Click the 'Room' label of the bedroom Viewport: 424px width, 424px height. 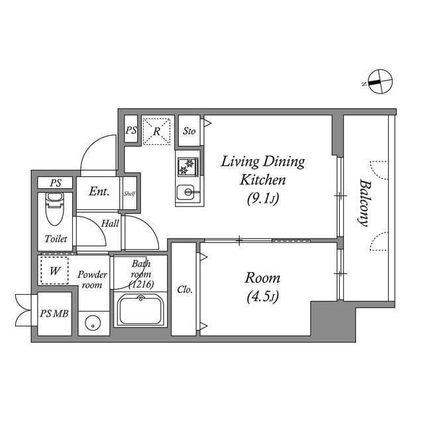[263, 278]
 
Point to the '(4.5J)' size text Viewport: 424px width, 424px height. [263, 295]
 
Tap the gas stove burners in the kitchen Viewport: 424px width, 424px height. [187, 165]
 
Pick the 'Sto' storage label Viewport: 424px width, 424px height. [189, 131]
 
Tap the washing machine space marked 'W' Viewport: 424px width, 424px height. [54, 270]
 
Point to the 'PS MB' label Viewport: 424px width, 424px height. [54, 314]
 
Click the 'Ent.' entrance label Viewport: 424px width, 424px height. [99, 193]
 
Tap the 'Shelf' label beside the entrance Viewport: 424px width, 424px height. [130, 193]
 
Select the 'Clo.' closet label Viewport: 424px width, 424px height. [185, 290]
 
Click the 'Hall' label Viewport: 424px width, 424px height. [110, 223]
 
